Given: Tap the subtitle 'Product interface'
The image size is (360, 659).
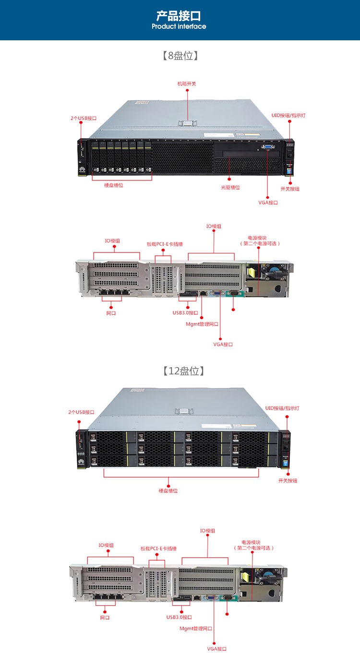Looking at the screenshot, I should point(179,26).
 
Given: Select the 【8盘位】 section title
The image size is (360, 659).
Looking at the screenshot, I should point(180,56).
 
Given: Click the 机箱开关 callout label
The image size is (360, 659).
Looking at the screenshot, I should point(187,84).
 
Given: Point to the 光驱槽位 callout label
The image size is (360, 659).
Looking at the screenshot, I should point(230,187).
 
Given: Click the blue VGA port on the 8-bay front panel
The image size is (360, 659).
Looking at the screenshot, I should point(268,147).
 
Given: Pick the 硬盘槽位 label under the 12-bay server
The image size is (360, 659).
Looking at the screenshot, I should point(168,491).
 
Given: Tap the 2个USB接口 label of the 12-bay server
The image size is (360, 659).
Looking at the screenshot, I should point(81,412).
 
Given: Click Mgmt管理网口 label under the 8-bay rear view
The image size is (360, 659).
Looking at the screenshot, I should point(202,324).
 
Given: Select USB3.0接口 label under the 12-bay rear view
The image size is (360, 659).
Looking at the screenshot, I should point(179,617).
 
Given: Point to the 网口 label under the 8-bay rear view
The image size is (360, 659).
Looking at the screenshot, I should point(111,313).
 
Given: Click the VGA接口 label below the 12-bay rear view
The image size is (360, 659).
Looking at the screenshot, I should point(216,649).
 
